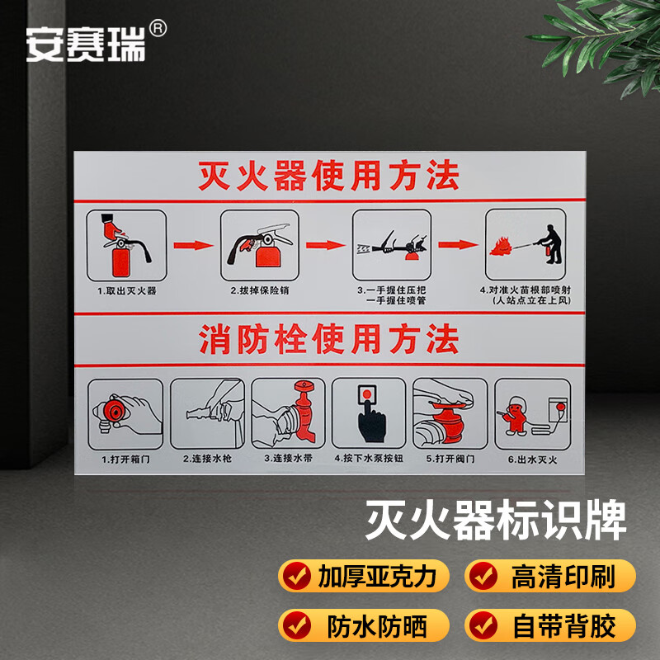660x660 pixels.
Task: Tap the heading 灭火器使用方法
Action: coord(328,176)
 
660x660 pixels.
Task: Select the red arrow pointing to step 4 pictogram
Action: coord(458,245)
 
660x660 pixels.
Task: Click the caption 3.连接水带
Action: coord(287,458)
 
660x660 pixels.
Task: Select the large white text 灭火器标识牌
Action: coord(496,522)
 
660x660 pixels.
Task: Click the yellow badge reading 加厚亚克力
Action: coord(363,576)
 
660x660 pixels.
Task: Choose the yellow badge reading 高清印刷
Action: coord(550,576)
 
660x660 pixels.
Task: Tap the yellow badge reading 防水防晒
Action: coord(363,626)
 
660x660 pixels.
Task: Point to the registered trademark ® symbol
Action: coord(159,27)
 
